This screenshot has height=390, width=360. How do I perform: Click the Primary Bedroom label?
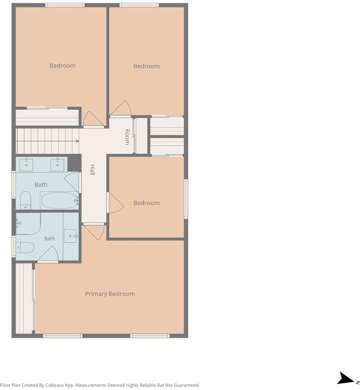tap(110, 294)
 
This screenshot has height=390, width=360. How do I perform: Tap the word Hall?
tap(92, 170)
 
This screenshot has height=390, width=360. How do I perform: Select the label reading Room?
tap(127, 137)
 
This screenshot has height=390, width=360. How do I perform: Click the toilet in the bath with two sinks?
tap(25, 200)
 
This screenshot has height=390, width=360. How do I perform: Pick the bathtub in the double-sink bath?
tap(60, 200)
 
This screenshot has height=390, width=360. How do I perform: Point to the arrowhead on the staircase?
tap(77, 141)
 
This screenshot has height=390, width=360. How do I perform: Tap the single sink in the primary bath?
tap(71, 236)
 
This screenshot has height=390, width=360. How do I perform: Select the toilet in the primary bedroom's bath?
tap(25, 247)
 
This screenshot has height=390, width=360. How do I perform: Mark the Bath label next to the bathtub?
tap(41, 185)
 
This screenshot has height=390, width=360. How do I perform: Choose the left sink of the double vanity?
tap(26, 164)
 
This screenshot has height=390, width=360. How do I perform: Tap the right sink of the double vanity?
tap(57, 164)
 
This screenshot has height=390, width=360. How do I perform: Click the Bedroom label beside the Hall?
tap(146, 203)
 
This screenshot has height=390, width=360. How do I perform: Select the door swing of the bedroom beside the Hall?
tap(116, 203)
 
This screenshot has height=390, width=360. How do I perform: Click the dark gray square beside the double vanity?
tap(74, 163)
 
